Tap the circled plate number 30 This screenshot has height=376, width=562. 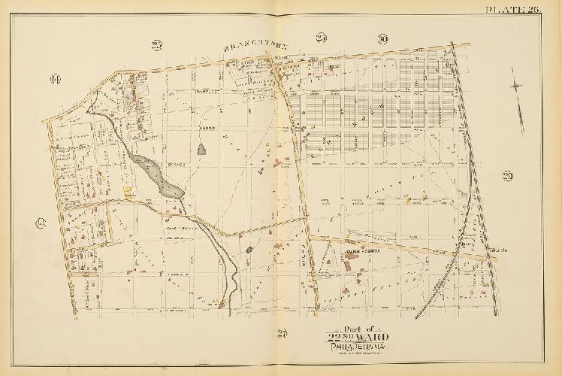click(382, 39)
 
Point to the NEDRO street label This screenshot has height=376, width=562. click(207, 129)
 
